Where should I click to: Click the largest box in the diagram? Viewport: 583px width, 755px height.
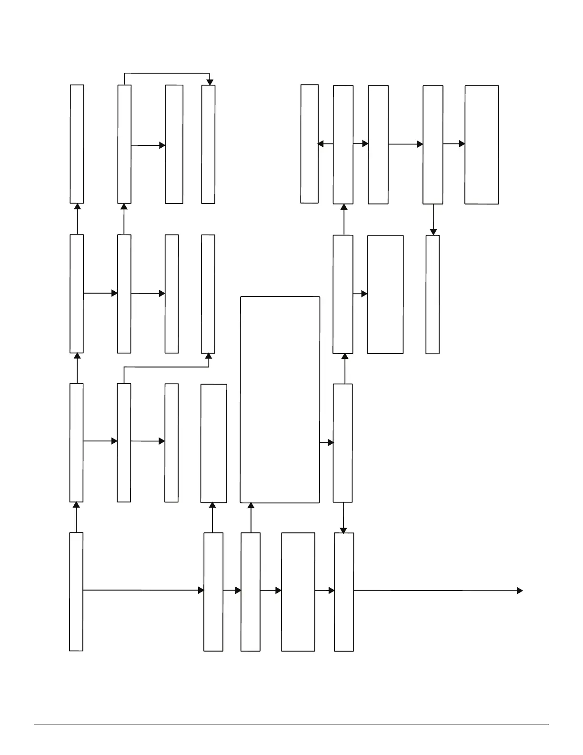pyautogui.click(x=280, y=399)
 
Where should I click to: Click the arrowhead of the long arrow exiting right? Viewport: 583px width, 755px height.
pyautogui.click(x=520, y=591)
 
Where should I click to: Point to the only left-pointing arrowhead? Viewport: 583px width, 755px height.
pyautogui.click(x=321, y=143)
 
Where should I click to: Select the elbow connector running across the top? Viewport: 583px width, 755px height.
pyautogui.click(x=167, y=73)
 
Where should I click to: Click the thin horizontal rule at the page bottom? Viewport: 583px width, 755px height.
pyautogui.click(x=291, y=725)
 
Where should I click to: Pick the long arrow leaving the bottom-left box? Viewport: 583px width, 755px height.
pyautogui.click(x=143, y=590)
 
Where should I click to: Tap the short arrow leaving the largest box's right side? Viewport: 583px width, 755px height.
pyautogui.click(x=326, y=443)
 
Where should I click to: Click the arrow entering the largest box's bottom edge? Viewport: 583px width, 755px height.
pyautogui.click(x=251, y=518)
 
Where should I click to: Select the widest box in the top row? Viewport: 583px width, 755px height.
pyautogui.click(x=482, y=145)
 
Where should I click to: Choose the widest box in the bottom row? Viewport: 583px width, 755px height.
pyautogui.click(x=298, y=592)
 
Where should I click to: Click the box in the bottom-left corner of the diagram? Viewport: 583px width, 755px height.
pyautogui.click(x=76, y=592)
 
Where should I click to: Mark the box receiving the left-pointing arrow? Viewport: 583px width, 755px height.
pyautogui.click(x=309, y=144)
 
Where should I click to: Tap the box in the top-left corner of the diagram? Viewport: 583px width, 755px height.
pyautogui.click(x=77, y=144)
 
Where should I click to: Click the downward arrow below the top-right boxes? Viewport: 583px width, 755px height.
pyautogui.click(x=433, y=219)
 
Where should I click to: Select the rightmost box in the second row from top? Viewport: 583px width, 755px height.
pyautogui.click(x=432, y=294)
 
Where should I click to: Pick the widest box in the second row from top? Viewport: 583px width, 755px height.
pyautogui.click(x=385, y=294)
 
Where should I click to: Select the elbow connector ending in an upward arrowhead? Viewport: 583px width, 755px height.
pyautogui.click(x=167, y=367)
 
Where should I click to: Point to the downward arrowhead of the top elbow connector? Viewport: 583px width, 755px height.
pyautogui.click(x=210, y=82)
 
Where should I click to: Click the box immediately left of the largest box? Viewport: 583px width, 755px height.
pyautogui.click(x=213, y=443)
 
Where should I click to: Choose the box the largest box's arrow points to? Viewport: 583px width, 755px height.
pyautogui.click(x=342, y=443)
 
